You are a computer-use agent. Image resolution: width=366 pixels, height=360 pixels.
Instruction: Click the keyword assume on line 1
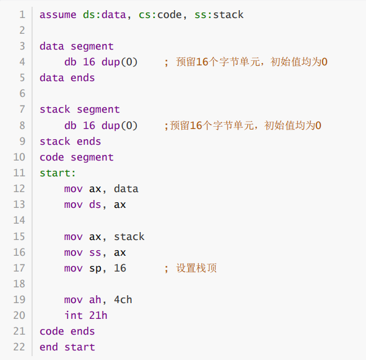click(x=58, y=15)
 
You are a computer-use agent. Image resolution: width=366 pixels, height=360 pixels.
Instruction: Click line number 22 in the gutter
click(x=19, y=347)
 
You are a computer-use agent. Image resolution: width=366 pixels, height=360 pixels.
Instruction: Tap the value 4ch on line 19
click(x=123, y=300)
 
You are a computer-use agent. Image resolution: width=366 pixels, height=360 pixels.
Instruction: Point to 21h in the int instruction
click(x=98, y=315)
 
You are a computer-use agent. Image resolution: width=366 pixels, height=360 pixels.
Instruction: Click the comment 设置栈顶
click(x=197, y=268)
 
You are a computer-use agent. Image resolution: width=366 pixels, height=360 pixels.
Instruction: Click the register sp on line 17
click(x=95, y=268)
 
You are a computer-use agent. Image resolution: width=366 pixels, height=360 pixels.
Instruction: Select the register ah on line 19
click(x=95, y=300)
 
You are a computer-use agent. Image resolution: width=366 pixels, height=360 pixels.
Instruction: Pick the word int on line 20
click(x=73, y=315)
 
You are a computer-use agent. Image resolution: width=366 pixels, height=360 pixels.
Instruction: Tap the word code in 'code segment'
click(x=52, y=157)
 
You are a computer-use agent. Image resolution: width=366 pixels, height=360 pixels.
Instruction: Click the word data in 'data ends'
click(x=52, y=78)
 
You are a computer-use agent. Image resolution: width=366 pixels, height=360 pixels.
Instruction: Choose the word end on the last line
click(x=48, y=347)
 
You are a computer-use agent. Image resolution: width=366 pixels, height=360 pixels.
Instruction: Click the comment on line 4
click(x=246, y=62)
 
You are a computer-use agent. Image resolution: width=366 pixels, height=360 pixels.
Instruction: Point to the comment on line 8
click(x=243, y=126)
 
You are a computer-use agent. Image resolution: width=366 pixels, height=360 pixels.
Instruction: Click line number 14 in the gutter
click(x=19, y=220)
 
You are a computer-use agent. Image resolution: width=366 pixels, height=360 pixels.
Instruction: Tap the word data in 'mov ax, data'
click(x=126, y=189)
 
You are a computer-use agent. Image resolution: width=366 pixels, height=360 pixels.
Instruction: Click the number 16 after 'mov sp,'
click(x=120, y=268)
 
